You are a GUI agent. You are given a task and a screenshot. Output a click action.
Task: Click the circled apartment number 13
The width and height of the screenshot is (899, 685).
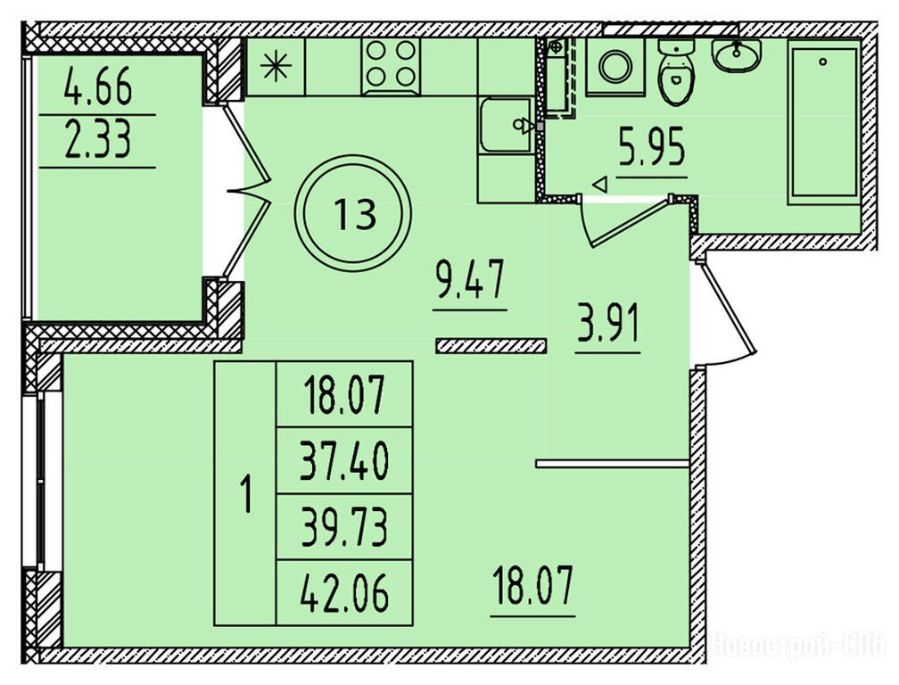(356, 213)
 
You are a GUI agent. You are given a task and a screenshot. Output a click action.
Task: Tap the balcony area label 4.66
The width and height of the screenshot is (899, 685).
(98, 86)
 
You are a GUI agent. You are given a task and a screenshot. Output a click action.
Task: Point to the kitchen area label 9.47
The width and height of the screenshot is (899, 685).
(470, 279)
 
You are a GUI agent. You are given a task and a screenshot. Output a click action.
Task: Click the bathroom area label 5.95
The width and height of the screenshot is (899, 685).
(651, 148)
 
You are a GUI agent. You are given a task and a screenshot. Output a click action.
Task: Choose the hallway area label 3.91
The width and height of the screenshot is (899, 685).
(607, 325)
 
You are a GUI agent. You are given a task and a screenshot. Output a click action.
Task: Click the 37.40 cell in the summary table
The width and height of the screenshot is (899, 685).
(344, 461)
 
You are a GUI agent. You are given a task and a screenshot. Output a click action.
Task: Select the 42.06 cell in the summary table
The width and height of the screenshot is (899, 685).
(344, 593)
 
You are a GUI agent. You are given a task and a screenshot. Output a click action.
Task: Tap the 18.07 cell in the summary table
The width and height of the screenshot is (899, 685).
(344, 394)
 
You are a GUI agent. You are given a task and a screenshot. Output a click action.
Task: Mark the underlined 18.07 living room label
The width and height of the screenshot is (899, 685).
(532, 585)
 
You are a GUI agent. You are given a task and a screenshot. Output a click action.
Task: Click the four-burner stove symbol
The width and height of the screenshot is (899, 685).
(391, 67)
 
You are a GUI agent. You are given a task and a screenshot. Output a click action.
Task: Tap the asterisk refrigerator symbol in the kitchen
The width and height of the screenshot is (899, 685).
(276, 67)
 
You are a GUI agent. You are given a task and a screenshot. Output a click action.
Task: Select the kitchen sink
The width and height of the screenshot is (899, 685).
(507, 126)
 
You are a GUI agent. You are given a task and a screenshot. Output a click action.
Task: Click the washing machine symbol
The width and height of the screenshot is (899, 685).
(615, 66)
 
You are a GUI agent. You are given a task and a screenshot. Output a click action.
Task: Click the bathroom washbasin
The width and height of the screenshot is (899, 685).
(736, 55)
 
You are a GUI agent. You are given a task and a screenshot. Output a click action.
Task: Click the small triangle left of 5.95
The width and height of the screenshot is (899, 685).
(599, 184)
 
